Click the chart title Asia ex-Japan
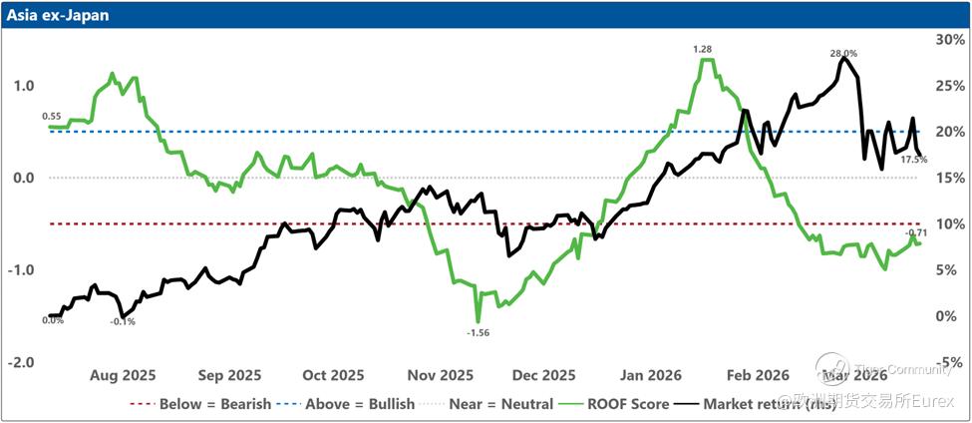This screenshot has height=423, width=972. [x=62, y=16]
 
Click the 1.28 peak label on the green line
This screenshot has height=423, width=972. [x=702, y=48]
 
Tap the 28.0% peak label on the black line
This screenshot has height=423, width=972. [x=843, y=53]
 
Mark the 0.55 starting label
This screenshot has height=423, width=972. [x=53, y=117]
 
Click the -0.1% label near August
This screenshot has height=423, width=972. [x=123, y=321]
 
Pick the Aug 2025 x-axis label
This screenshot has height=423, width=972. [x=123, y=376]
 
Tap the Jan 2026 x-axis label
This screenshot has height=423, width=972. [x=649, y=376]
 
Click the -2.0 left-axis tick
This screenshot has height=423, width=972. [x=22, y=362]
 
